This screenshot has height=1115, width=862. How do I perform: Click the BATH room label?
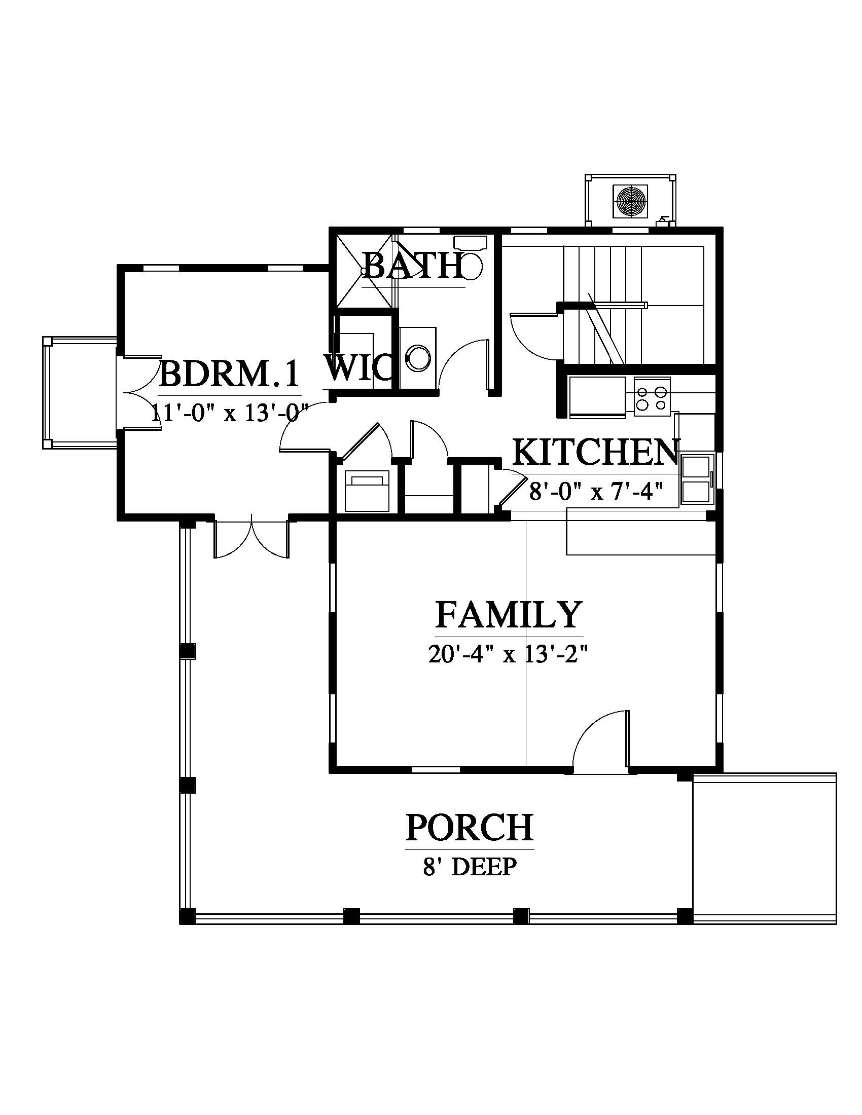tap(414, 266)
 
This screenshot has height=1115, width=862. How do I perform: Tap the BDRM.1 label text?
tap(229, 374)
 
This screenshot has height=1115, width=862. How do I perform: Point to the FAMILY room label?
tap(509, 614)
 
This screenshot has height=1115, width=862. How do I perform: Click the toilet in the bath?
tap(471, 258)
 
